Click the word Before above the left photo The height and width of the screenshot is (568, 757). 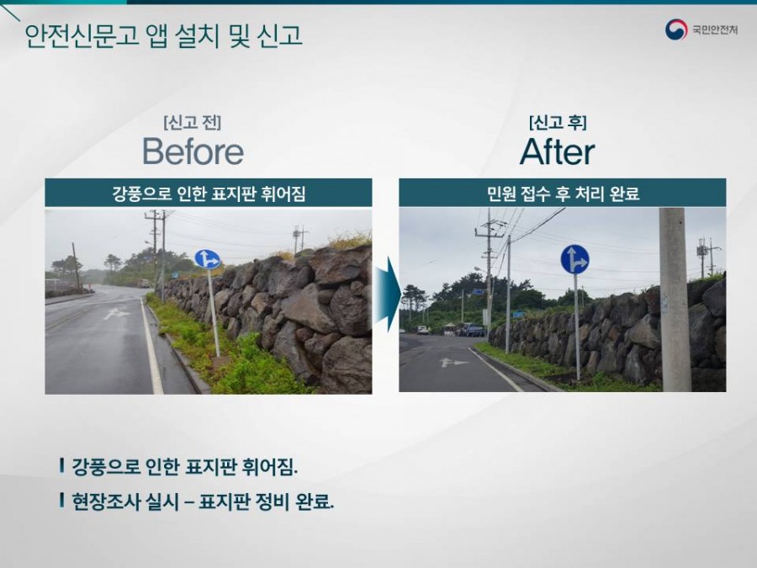point(193,151)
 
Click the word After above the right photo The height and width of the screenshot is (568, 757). point(557,151)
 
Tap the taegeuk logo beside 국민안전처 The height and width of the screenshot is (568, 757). point(676,30)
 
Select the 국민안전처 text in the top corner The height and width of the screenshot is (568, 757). point(715,30)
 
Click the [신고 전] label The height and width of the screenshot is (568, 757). point(193,122)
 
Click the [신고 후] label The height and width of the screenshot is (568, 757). point(558,122)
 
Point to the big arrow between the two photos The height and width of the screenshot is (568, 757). point(388,295)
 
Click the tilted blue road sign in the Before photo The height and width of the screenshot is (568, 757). point(208,259)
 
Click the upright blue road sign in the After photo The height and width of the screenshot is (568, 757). point(575,259)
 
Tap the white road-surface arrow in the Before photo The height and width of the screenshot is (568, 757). point(116,314)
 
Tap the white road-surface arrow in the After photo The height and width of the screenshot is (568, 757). point(454,362)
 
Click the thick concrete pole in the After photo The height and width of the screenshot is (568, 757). point(675,300)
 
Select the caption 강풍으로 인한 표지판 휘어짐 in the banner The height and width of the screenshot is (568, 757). point(209,194)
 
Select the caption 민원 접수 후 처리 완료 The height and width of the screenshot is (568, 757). point(563,194)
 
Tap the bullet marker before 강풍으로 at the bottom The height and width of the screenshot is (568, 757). point(61,465)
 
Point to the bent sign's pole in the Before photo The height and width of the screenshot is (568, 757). point(214,313)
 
